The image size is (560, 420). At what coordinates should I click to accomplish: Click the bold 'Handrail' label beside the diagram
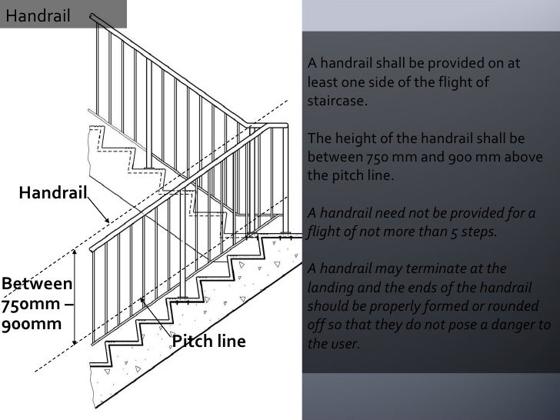click(52, 192)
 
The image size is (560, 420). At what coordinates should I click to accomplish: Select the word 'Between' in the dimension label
click(36, 284)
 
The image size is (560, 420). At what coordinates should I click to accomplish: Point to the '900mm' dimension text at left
click(31, 324)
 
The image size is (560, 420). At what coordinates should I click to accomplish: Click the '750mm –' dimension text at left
click(36, 304)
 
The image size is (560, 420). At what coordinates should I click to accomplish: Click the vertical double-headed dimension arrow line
click(74, 297)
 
